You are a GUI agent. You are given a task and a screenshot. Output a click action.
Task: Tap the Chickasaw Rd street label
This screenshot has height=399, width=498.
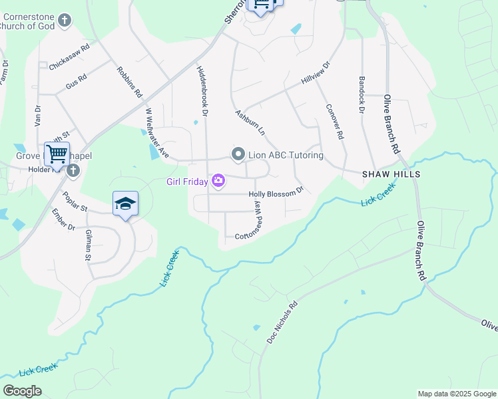pyautogui.click(x=69, y=58)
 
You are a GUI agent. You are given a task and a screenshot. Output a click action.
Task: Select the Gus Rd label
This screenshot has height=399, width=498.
pyautogui.click(x=76, y=82)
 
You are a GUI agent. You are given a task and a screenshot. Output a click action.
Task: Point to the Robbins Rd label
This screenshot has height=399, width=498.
pyautogui.click(x=130, y=82)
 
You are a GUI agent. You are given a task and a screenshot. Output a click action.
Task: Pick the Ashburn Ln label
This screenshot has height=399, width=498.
pyautogui.click(x=250, y=123)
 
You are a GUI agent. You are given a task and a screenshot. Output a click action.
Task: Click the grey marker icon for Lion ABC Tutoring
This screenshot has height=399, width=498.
pyautogui.click(x=238, y=155)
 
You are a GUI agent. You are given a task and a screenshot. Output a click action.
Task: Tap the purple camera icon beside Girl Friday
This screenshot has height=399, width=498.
pyautogui.click(x=218, y=181)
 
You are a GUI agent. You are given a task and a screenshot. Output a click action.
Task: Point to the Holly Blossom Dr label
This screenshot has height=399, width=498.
pyautogui.click(x=276, y=194)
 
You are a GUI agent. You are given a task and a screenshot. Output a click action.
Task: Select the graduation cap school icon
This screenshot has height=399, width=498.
pyautogui.click(x=125, y=204)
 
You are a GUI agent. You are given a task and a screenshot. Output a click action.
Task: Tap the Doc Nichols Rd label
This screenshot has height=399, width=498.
pyautogui.click(x=282, y=323)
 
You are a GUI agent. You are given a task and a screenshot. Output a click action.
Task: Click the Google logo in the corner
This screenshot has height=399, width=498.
pyautogui.click(x=22, y=390)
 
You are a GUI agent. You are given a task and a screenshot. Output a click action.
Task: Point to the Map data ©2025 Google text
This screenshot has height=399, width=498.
pyautogui.click(x=457, y=394)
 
